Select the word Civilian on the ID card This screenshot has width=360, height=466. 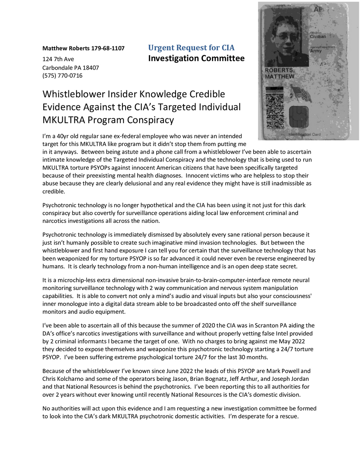[x=318, y=36]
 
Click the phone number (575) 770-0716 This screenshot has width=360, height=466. [x=62, y=75]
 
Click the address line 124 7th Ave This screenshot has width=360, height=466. [x=61, y=59]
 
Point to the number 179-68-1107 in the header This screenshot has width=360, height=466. [x=108, y=48]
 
